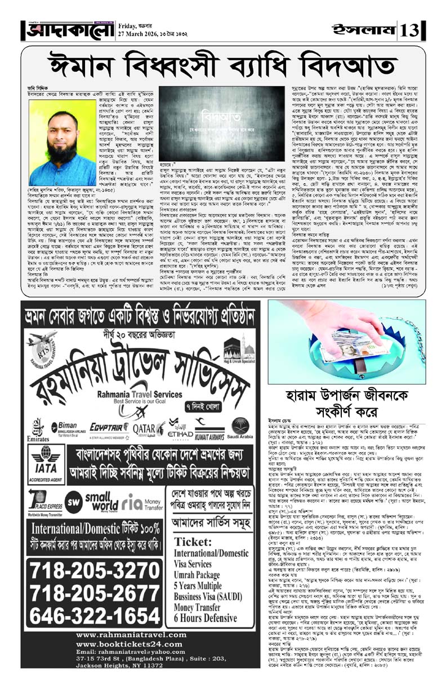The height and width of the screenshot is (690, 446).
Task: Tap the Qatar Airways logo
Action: pos(149,428)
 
